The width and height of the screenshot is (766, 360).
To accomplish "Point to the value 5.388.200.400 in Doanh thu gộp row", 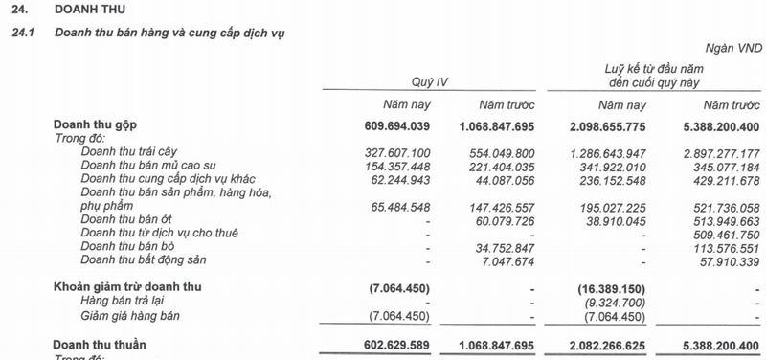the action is pos(714,126).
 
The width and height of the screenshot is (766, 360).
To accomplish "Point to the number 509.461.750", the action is pos(718,233).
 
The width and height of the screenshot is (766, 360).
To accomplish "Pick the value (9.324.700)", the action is pos(612,301).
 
